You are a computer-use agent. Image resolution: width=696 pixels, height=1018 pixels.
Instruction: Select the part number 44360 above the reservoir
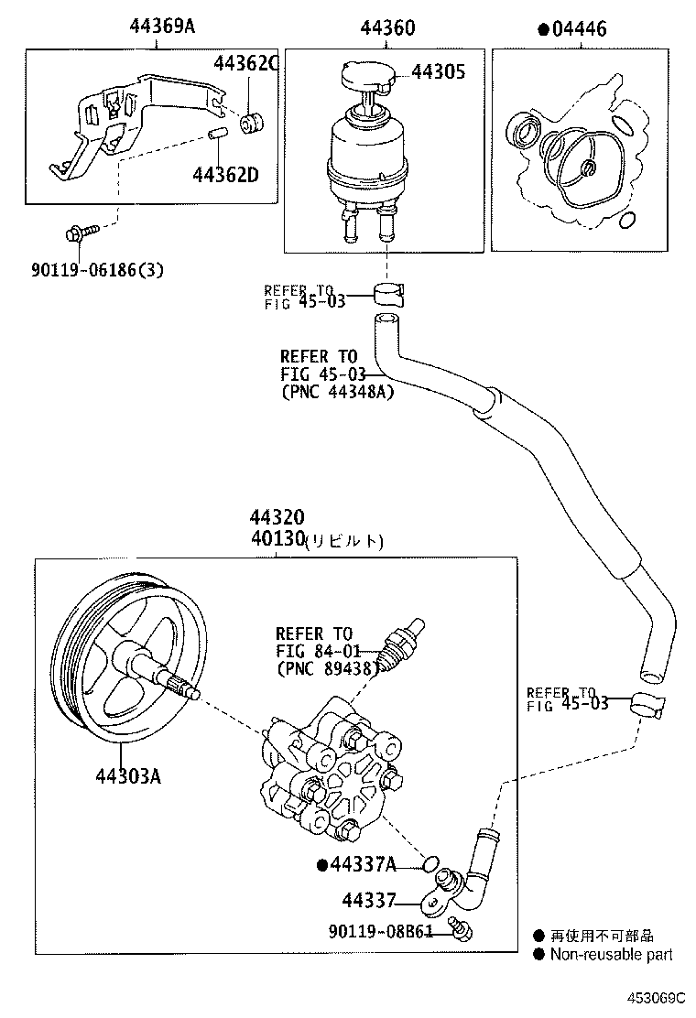(387, 27)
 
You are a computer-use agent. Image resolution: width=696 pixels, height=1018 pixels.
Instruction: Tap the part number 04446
(577, 29)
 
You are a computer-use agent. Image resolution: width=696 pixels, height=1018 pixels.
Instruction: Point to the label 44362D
(225, 173)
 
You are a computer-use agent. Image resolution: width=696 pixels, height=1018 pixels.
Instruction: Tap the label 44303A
(128, 776)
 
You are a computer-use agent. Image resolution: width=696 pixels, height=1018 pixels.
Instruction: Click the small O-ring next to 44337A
(427, 862)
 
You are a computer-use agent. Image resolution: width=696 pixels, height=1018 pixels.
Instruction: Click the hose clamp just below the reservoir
(391, 293)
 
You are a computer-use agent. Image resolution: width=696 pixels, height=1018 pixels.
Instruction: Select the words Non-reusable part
(610, 954)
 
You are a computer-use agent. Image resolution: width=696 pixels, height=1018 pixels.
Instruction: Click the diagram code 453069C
(656, 997)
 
